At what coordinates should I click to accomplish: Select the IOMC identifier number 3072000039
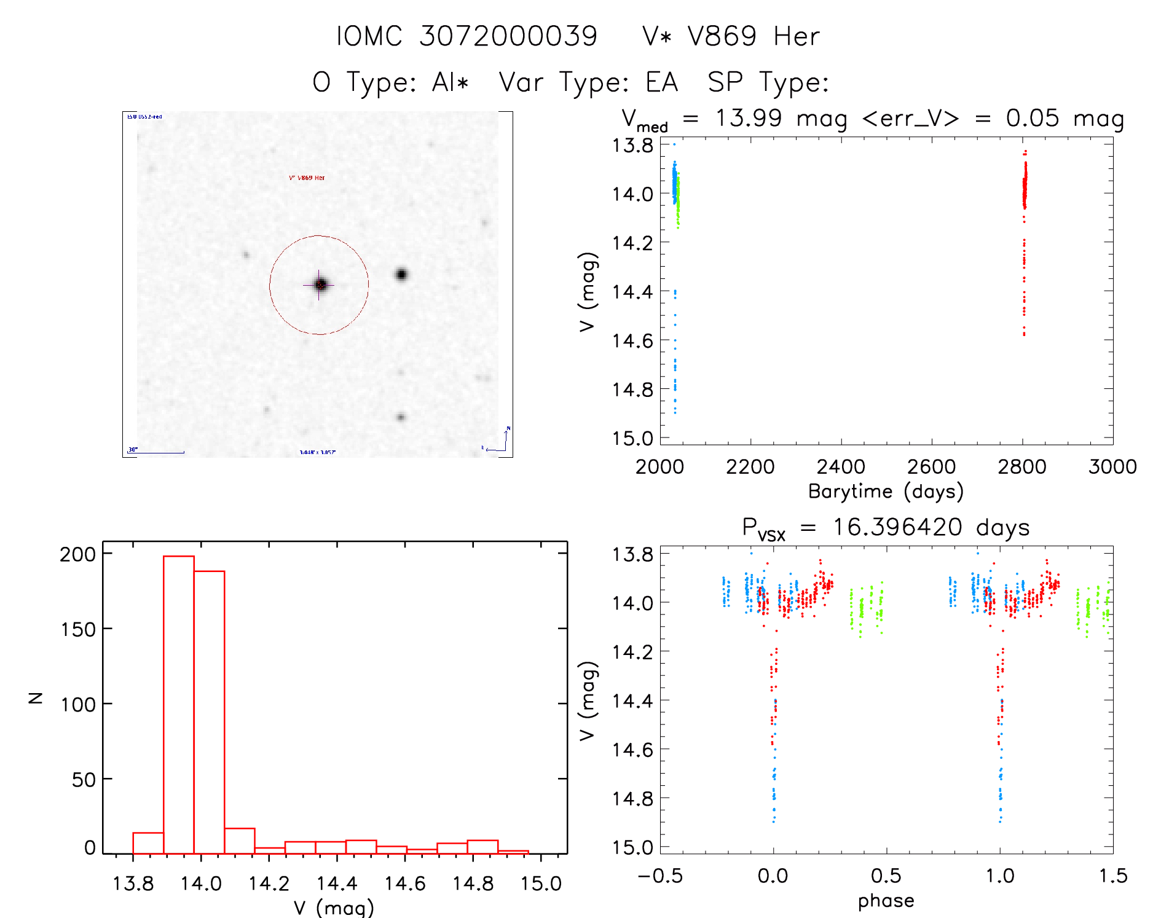[508, 36]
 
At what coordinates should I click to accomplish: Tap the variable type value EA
[661, 82]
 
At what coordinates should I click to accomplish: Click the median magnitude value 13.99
[748, 118]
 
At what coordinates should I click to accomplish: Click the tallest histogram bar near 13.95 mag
[179, 704]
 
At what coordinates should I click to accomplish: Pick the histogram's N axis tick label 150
[78, 629]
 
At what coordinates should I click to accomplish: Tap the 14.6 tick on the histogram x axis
[404, 884]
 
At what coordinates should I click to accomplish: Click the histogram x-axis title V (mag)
[334, 908]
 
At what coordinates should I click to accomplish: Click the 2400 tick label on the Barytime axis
[841, 467]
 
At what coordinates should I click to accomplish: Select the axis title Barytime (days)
[886, 492]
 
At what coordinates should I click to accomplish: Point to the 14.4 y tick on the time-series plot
[632, 291]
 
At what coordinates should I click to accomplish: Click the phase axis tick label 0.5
[886, 876]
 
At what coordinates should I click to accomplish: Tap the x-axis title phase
[886, 901]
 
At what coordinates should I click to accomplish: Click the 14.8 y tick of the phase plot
[632, 798]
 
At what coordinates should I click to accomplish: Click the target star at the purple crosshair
[320, 284]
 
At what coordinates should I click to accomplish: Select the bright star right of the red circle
[401, 274]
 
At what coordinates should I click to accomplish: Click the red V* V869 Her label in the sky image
[307, 178]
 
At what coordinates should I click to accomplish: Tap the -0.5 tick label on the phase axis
[659, 876]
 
